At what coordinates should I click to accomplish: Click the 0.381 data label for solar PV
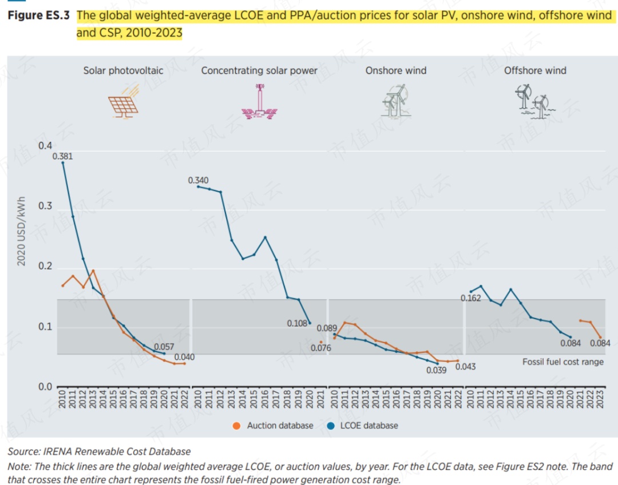click(62, 156)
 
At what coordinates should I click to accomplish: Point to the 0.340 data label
click(198, 181)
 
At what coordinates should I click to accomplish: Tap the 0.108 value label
click(298, 324)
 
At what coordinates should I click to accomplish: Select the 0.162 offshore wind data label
click(471, 299)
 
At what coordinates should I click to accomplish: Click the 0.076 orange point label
click(321, 348)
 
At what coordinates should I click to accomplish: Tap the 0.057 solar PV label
click(164, 347)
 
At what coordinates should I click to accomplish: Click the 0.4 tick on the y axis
click(45, 146)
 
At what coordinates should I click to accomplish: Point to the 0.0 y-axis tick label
click(45, 387)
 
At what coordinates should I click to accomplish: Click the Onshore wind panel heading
click(396, 71)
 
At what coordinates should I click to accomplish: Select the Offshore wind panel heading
click(535, 71)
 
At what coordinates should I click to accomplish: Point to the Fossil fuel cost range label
click(562, 361)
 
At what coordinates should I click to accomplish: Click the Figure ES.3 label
click(38, 15)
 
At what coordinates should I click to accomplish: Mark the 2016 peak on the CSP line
click(265, 237)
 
